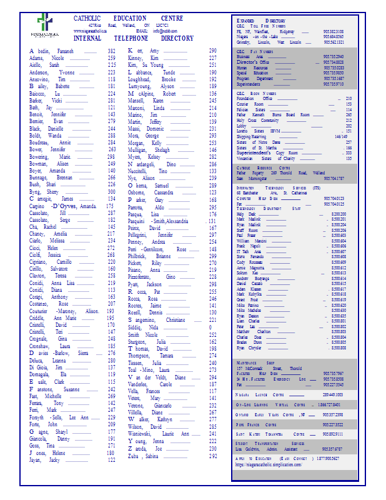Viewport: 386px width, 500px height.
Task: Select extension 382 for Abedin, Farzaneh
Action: click(112, 51)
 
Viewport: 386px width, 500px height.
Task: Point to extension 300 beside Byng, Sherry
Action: click(112, 192)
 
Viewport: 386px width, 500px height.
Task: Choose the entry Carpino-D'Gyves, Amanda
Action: click(62, 206)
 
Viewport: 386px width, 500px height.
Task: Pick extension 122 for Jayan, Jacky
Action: click(112, 459)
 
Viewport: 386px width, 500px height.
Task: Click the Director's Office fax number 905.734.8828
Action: click(333, 62)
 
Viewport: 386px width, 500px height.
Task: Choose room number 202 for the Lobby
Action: click(349, 126)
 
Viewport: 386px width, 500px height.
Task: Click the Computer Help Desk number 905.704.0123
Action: click(334, 198)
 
